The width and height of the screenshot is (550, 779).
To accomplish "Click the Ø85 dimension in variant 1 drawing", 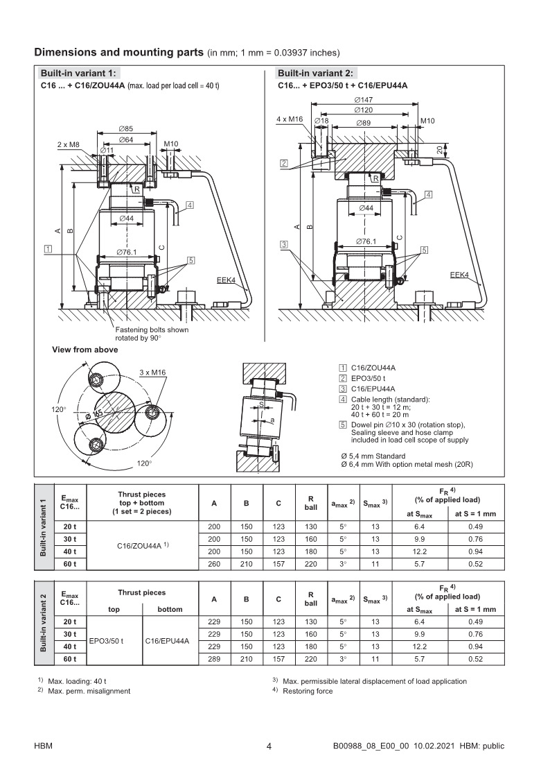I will point(126,129).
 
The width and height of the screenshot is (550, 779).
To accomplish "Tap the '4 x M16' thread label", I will point(290,119).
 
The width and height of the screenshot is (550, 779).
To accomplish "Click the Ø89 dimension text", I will point(363,122).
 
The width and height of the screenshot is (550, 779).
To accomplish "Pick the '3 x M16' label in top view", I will point(152,373).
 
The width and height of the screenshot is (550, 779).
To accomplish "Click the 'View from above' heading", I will point(85,350).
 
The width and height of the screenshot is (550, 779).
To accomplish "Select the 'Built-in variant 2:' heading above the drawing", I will point(315,74).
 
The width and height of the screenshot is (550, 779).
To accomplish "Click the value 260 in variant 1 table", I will point(215,564).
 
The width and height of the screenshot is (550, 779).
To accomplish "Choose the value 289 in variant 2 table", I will point(215,658).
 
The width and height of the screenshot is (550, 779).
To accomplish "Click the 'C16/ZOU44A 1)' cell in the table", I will point(145,546).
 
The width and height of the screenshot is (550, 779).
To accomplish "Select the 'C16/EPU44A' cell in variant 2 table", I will point(167,641).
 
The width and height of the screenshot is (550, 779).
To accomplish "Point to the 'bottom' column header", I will point(170,609).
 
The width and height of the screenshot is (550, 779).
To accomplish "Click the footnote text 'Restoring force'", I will point(308,691).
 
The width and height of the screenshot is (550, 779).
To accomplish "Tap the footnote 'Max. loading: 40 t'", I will point(77,681).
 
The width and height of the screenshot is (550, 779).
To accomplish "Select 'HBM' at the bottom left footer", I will point(44,746).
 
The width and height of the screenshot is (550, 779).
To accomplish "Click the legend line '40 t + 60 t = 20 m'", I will point(381,414).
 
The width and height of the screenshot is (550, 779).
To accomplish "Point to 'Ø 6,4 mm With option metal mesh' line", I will point(407,464).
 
